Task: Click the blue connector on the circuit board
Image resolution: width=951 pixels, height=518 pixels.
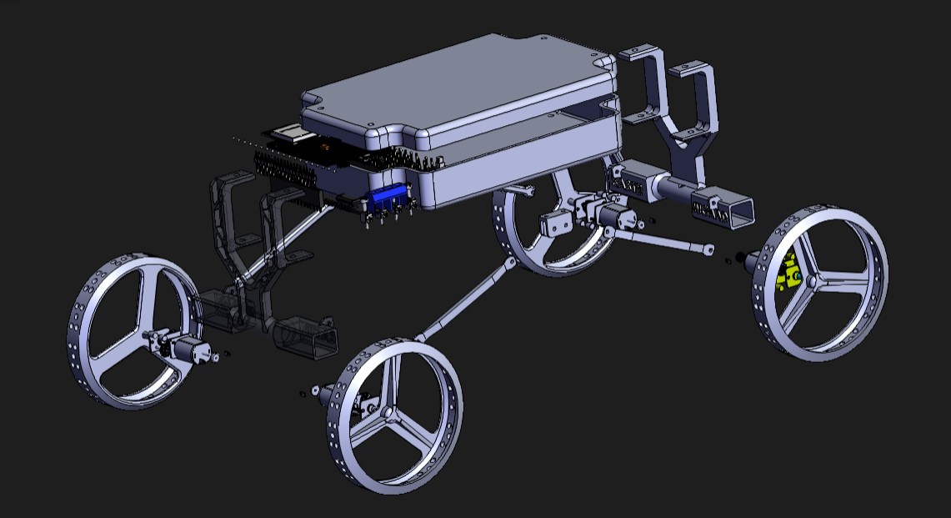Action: (x=387, y=197)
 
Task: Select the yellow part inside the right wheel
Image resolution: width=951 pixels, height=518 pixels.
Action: (x=786, y=273)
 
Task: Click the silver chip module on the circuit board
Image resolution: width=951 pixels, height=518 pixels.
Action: (x=288, y=131)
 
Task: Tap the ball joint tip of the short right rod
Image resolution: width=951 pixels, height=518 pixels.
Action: (x=708, y=248)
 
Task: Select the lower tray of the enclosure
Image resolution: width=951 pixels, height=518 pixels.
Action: (x=517, y=167)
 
